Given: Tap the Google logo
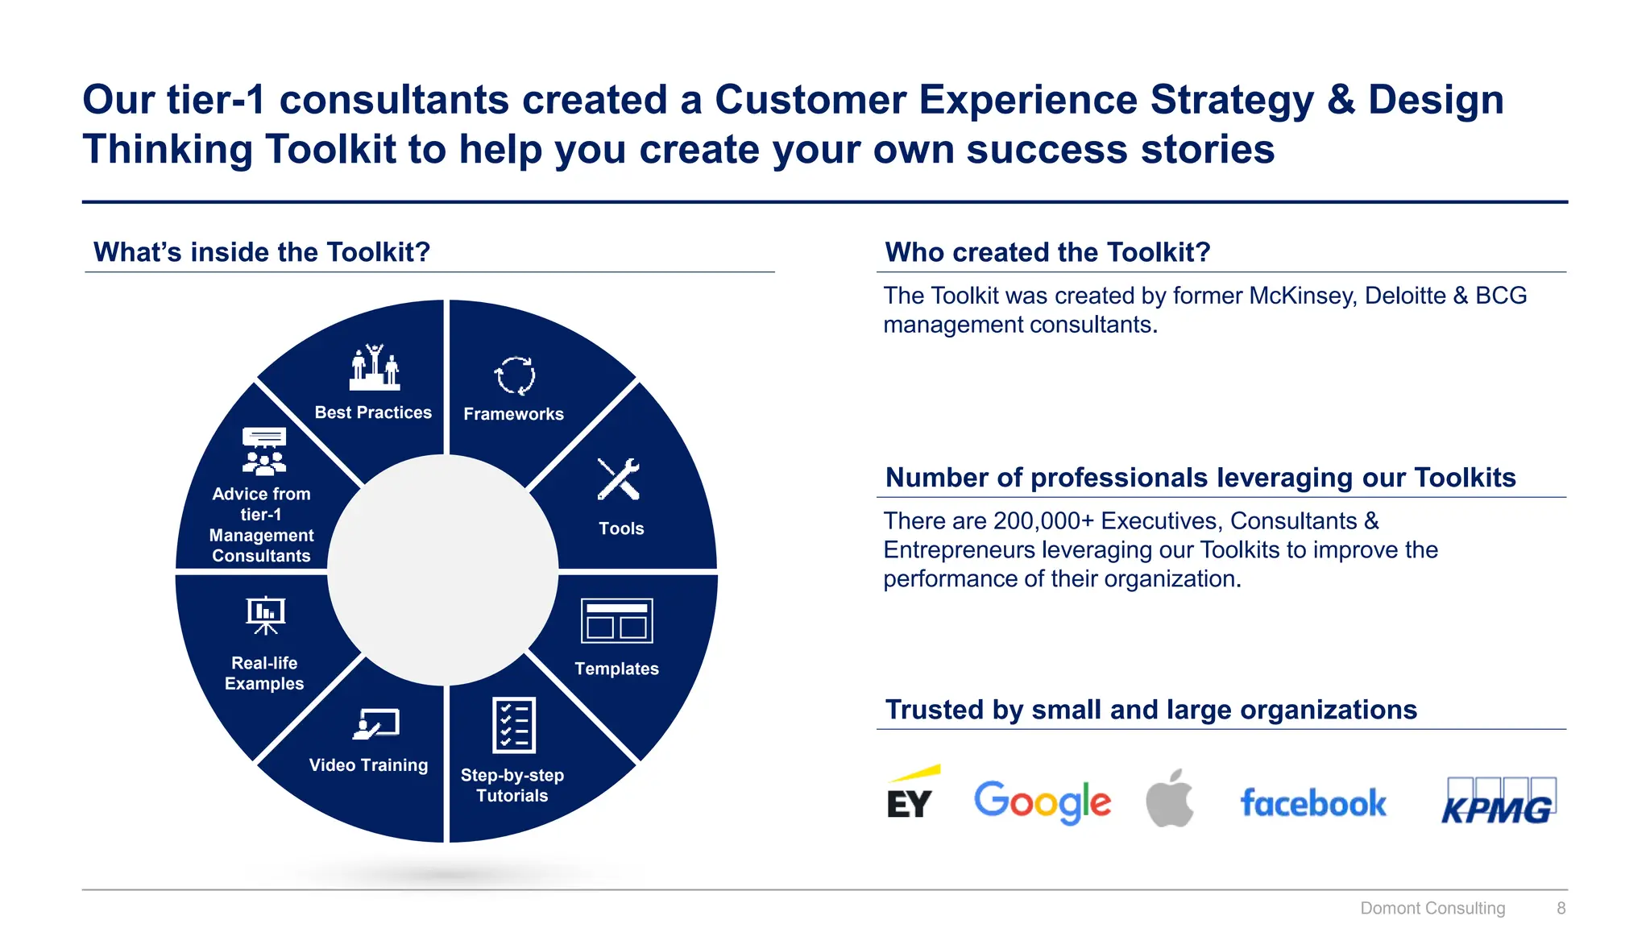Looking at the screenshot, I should tap(1042, 801).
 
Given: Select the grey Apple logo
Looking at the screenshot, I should tap(1170, 798).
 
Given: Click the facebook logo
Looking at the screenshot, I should tap(1313, 803).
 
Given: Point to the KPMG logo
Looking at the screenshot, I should tap(1499, 802).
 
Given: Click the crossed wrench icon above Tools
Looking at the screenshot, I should tap(619, 479).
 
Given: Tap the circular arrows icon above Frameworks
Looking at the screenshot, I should tap(514, 375).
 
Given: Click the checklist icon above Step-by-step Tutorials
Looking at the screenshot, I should tap(513, 725).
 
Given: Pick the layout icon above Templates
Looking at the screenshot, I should tap(616, 620).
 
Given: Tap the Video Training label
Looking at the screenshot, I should tap(368, 765).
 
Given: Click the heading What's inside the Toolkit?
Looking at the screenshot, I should tap(262, 252).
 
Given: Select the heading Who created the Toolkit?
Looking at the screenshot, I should tap(1047, 252).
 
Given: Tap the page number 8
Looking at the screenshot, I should tap(1561, 908).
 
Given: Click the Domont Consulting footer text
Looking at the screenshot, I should tap(1432, 908).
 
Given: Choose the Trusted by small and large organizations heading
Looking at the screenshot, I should tap(1150, 710).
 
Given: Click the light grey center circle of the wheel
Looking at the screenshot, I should tap(443, 570).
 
